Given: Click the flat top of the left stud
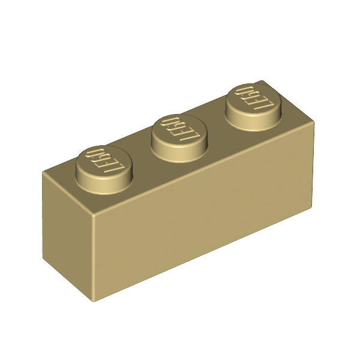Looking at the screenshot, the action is pos(104,161).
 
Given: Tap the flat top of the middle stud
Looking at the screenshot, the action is pos(179,130).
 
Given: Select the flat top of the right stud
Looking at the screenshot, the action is pos(253,100).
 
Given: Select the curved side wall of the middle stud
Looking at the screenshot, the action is pos(179,152).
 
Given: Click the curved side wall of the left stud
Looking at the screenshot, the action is pos(104,184).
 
